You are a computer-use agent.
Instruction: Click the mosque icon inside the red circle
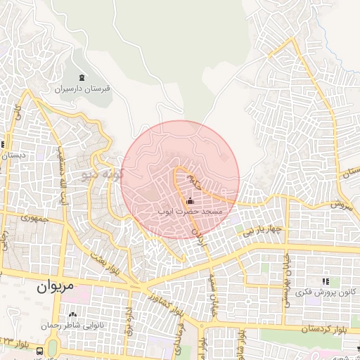coord(191,200)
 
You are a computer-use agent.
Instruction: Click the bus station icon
coord(39,350)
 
